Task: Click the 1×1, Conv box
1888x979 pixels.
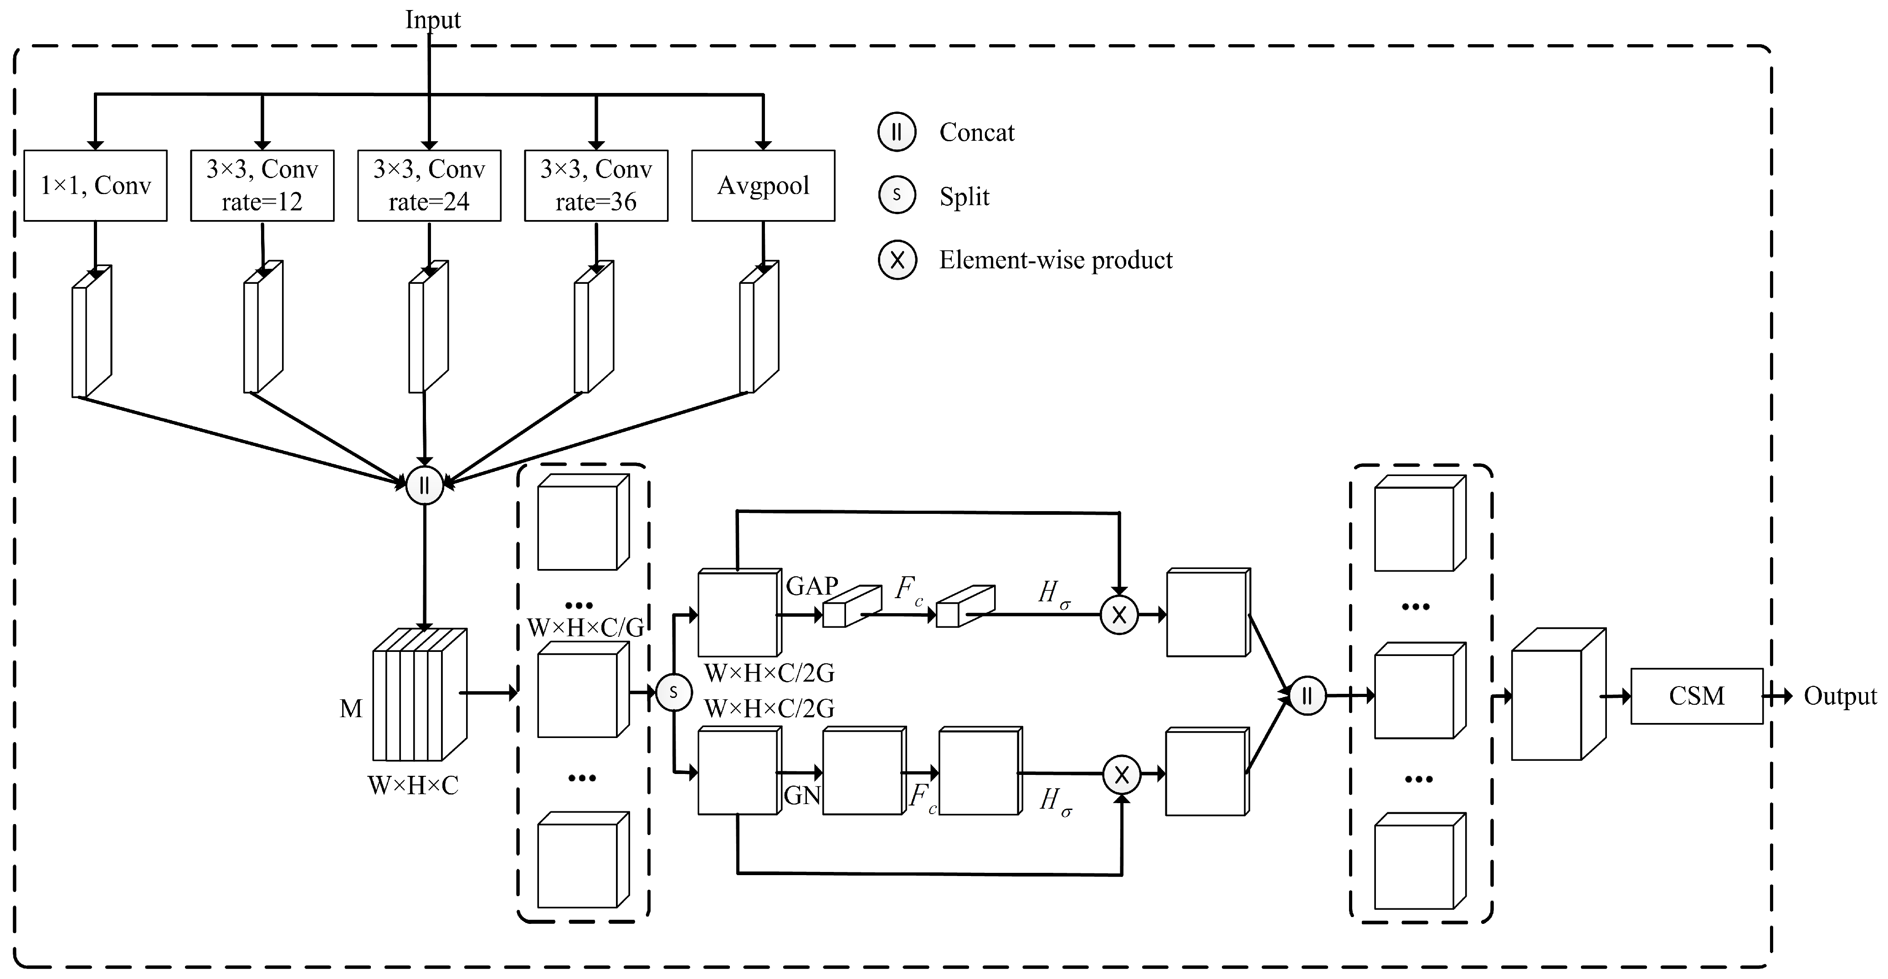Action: click(x=95, y=185)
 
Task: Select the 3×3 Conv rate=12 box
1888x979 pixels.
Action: click(x=262, y=185)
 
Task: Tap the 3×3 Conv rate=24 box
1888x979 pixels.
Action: click(x=430, y=185)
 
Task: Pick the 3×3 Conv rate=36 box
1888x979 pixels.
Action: click(x=596, y=185)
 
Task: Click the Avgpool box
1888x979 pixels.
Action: click(x=763, y=185)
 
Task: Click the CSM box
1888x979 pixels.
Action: click(x=1696, y=695)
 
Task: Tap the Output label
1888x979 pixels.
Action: click(x=1840, y=695)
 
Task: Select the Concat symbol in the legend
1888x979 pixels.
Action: click(x=896, y=133)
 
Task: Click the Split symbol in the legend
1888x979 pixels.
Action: click(x=896, y=195)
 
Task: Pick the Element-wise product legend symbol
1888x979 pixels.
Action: click(x=897, y=260)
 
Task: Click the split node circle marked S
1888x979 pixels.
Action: click(x=673, y=692)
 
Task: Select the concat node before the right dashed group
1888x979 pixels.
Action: click(x=1307, y=695)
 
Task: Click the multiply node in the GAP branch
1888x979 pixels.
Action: click(x=1119, y=615)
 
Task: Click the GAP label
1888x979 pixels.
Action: click(x=812, y=585)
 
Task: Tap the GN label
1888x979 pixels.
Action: click(x=802, y=795)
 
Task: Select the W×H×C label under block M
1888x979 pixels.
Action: click(x=413, y=785)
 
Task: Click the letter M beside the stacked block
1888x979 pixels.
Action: click(x=351, y=708)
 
